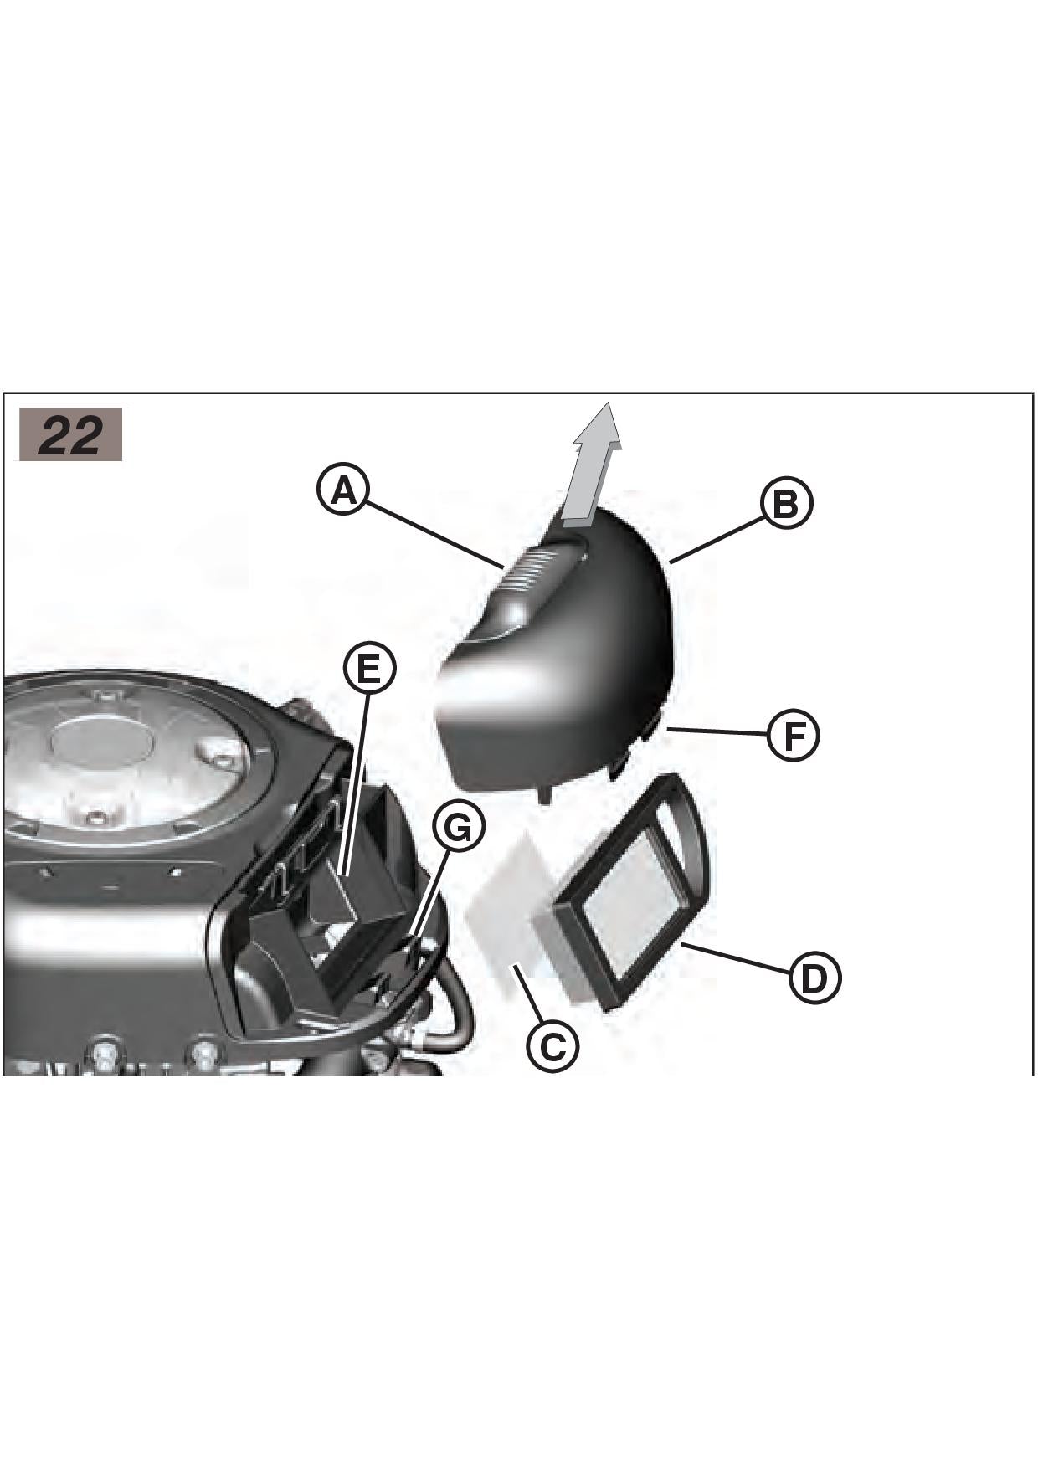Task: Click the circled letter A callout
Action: coord(343,490)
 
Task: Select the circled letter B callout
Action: coord(786,504)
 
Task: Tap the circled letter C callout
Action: coord(552,1045)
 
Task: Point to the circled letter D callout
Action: coord(814,978)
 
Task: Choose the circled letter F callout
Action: coord(793,734)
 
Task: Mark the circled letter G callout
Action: coord(459,827)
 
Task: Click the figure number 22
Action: coord(71,434)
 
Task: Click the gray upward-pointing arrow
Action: coord(593,463)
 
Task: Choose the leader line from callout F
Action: coord(717,731)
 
